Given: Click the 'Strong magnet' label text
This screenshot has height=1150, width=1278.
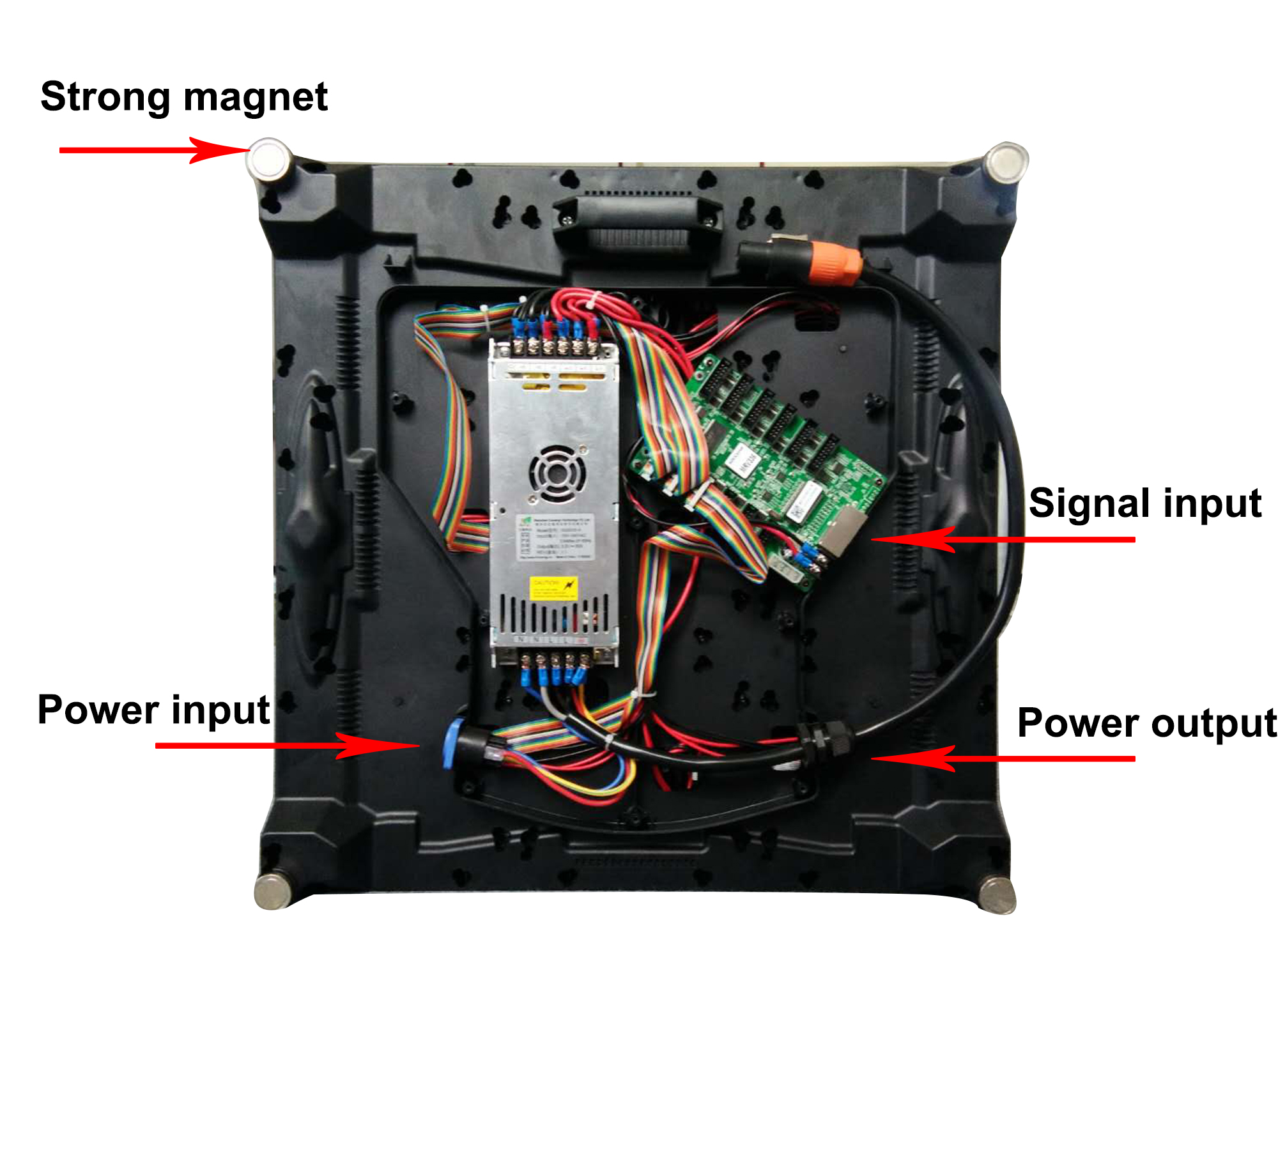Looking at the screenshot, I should tap(184, 97).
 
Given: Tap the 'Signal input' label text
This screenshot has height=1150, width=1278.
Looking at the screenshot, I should tap(1144, 503).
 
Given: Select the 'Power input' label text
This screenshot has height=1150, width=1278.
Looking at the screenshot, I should tap(153, 710).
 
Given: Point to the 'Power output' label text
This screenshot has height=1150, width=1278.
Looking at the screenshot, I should tap(1146, 723).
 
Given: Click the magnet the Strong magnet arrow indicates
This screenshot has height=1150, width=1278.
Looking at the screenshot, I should tap(268, 159).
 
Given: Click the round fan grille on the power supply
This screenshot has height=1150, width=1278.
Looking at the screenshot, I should tap(557, 473).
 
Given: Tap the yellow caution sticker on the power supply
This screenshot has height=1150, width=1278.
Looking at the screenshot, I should tap(553, 586).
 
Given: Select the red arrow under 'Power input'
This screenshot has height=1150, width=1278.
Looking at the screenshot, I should tap(288, 745).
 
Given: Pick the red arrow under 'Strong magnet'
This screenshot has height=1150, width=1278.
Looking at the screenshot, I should tap(153, 150).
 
